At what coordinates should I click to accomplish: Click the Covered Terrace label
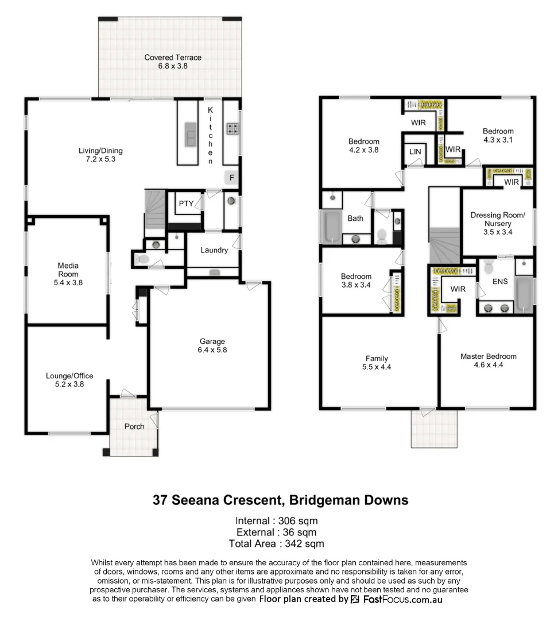click(173, 57)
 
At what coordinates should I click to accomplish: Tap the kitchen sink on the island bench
click(189, 135)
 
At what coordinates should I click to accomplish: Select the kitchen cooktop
click(232, 129)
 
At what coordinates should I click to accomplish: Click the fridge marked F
click(231, 178)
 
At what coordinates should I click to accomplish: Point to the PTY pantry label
click(186, 204)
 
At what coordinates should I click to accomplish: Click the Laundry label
click(214, 250)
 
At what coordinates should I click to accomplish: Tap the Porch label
click(134, 426)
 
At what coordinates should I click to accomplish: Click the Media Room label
click(68, 270)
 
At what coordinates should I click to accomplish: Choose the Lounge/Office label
click(69, 376)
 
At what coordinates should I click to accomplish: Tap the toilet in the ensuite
click(489, 267)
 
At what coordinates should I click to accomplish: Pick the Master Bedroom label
click(488, 356)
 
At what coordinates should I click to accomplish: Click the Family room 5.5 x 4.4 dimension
click(377, 367)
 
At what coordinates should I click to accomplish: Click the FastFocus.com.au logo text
click(402, 599)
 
